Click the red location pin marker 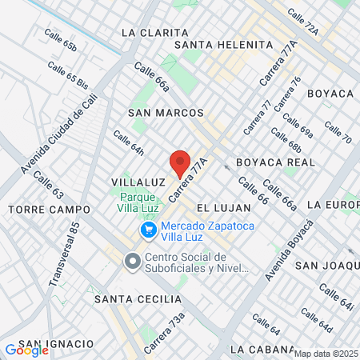tap(180, 163)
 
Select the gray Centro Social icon tap(131, 261)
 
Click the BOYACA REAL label tap(277, 162)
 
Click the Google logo tap(26, 350)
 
